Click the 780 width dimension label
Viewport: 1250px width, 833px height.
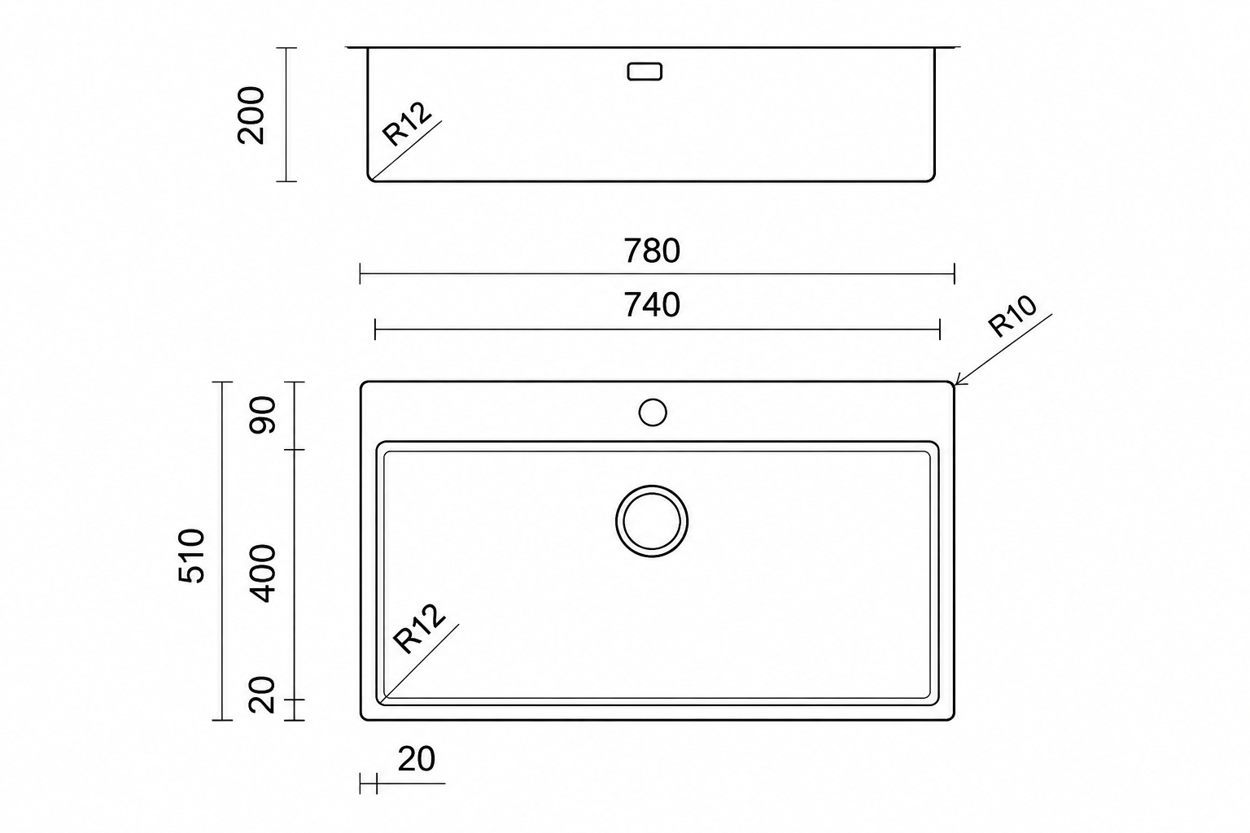[x=652, y=251]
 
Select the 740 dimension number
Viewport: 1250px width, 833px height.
[x=652, y=305]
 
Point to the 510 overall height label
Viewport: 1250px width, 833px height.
[x=192, y=556]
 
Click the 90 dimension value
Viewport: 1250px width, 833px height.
[x=262, y=415]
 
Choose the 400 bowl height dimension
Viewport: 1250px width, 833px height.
[x=262, y=574]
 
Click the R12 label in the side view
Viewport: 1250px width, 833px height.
[x=408, y=124]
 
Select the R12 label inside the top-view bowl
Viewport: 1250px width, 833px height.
[x=420, y=629]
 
